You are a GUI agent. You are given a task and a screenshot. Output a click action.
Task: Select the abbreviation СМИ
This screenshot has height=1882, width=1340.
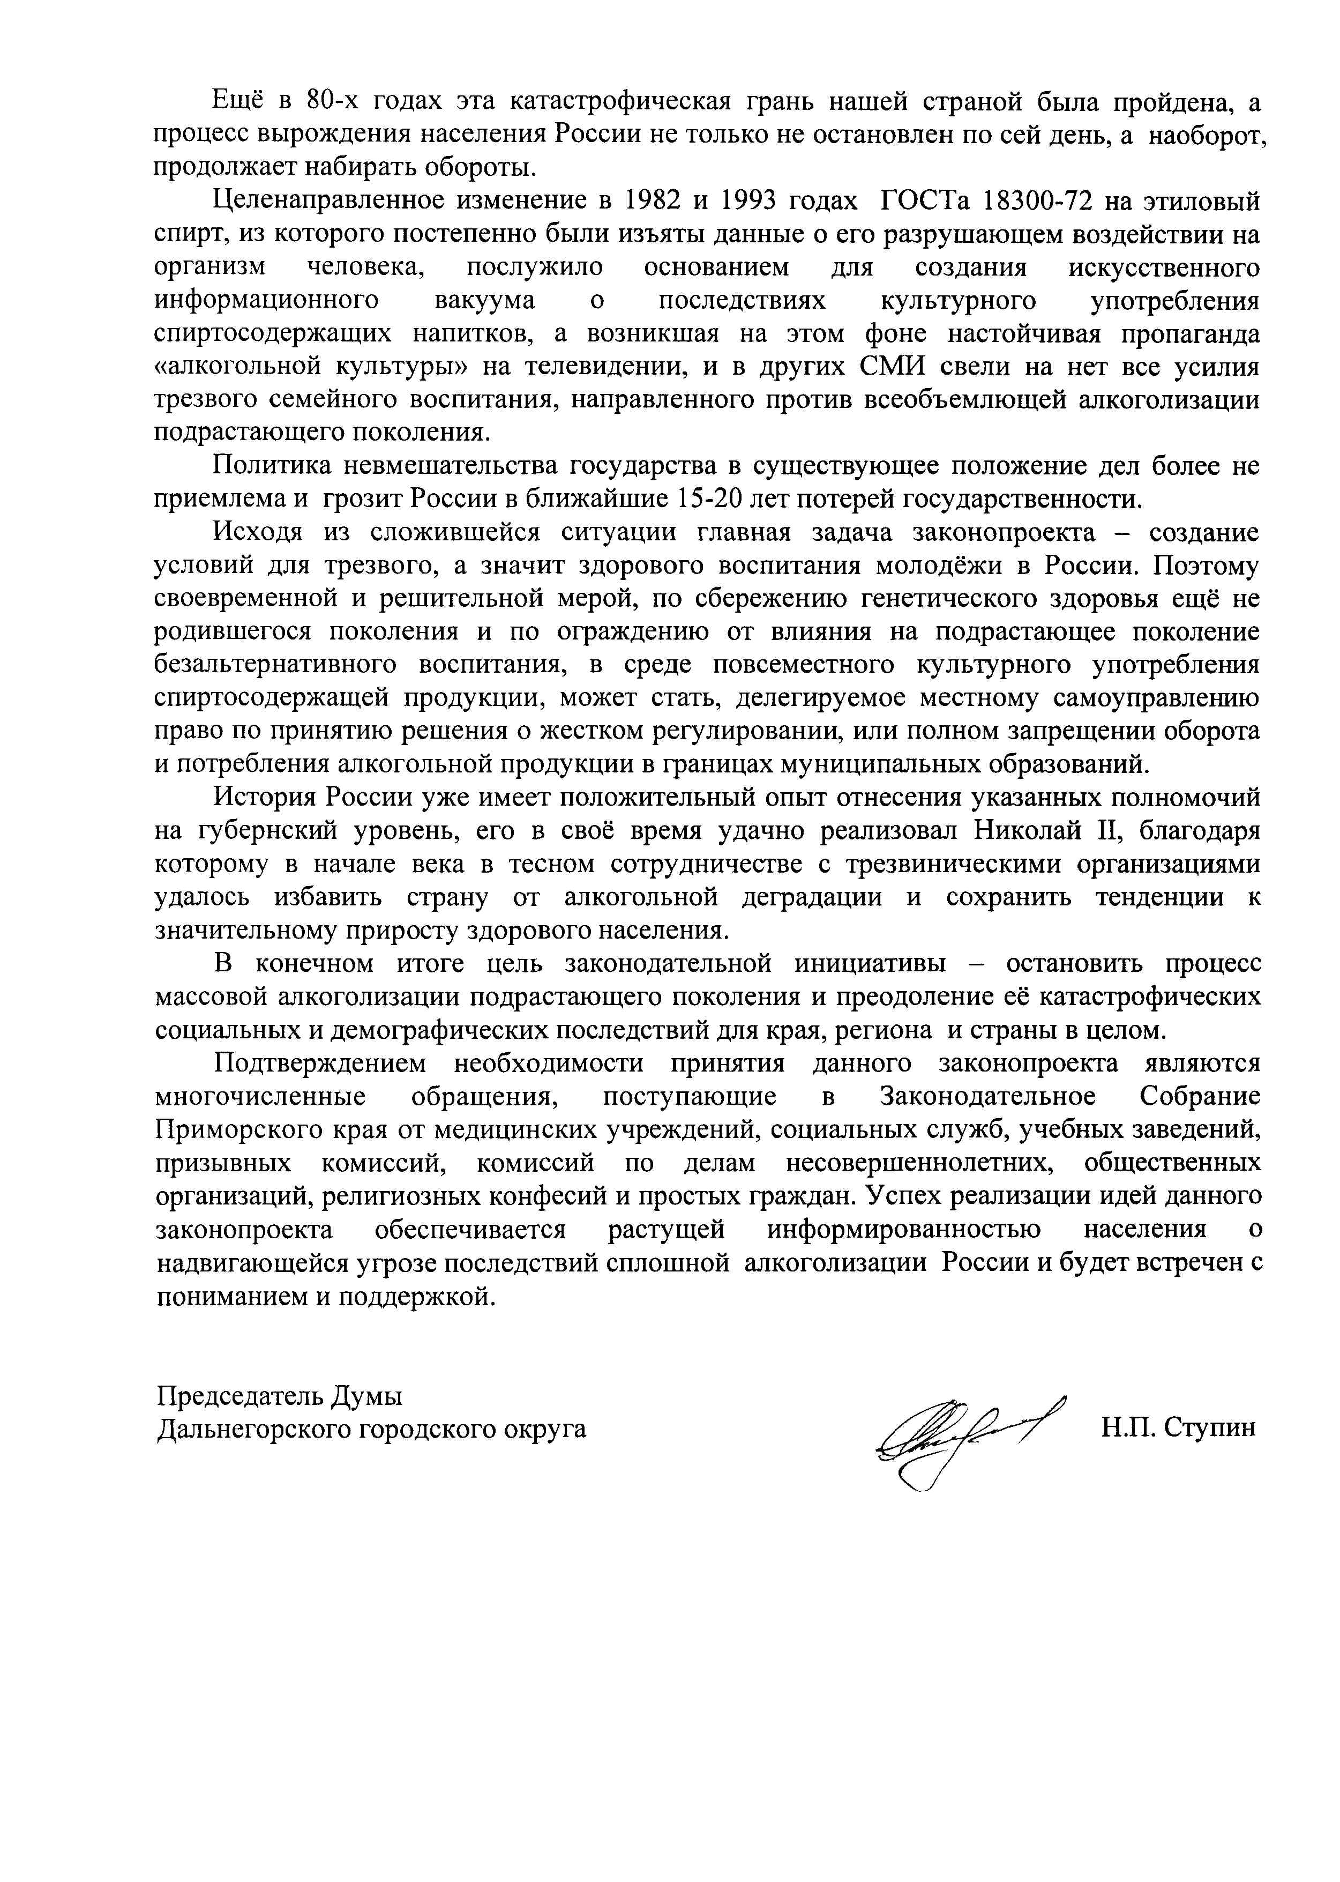point(894,367)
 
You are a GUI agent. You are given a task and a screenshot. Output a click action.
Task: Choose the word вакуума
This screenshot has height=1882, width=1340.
point(485,301)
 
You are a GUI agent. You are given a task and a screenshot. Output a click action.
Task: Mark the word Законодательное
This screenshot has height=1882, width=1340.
point(987,1096)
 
